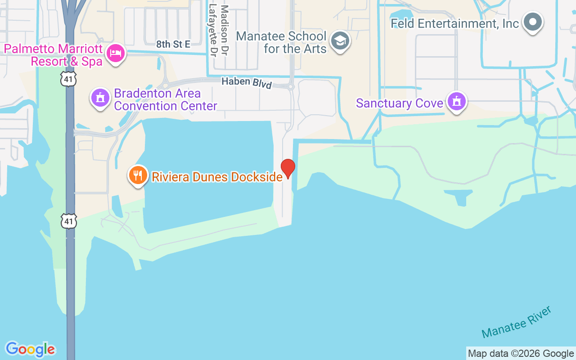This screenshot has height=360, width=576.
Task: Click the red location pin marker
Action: click(288, 168)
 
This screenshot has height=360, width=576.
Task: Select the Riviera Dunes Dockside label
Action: click(217, 177)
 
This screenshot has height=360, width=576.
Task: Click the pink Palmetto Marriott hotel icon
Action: click(116, 54)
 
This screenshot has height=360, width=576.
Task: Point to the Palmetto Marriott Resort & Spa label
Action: click(54, 55)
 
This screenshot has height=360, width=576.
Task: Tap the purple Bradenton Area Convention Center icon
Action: click(100, 98)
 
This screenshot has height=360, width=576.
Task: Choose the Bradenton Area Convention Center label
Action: click(166, 99)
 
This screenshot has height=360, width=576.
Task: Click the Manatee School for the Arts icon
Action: click(340, 41)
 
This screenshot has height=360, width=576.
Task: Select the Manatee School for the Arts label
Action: click(281, 42)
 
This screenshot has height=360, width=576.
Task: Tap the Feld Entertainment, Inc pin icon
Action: click(533, 22)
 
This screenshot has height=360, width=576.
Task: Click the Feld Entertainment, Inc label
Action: click(454, 23)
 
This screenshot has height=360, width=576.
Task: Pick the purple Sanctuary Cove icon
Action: click(457, 102)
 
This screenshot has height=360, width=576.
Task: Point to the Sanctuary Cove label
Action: click(400, 103)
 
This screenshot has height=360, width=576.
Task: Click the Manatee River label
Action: click(517, 322)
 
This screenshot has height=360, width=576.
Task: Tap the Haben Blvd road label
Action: click(247, 83)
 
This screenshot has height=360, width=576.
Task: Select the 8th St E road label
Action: click(173, 44)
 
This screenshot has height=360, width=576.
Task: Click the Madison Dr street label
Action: click(225, 31)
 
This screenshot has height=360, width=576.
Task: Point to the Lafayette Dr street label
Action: click(213, 31)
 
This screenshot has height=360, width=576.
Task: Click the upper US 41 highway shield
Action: click(69, 80)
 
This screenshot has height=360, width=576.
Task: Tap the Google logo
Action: click(30, 349)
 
